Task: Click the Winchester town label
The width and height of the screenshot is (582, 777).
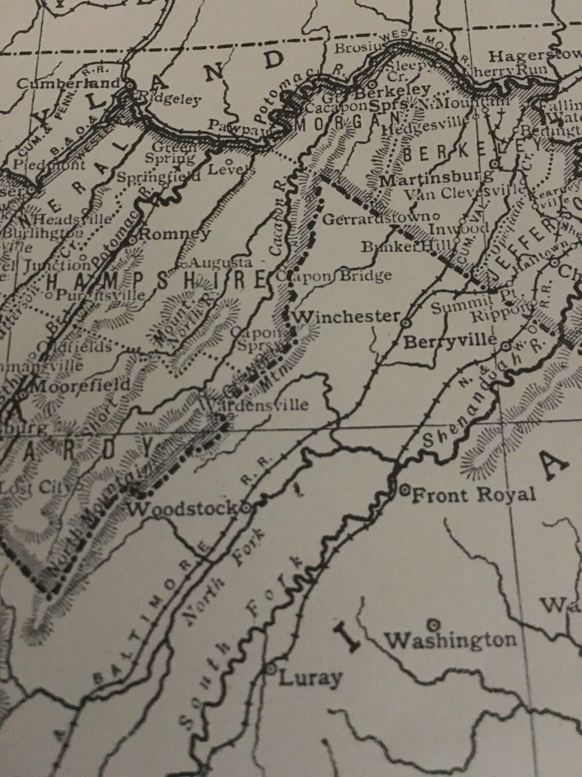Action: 347,316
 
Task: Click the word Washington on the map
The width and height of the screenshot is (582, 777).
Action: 452,640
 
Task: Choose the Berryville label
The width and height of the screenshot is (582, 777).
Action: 450,341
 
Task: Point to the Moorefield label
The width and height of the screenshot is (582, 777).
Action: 81,385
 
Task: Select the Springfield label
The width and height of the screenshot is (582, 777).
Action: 158,177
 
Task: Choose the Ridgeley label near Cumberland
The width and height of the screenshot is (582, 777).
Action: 168,99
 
